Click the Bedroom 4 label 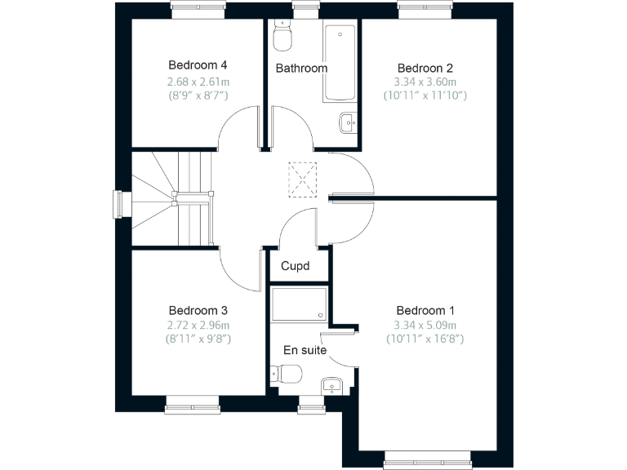(x=198, y=65)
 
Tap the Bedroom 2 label (x=425, y=68)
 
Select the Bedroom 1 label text (x=425, y=310)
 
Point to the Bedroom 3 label (x=198, y=310)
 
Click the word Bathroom (x=301, y=69)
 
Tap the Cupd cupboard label (x=295, y=266)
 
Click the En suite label (x=305, y=350)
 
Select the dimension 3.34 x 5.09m (x=425, y=325)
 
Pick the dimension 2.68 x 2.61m (x=198, y=81)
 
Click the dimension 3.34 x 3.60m (x=425, y=82)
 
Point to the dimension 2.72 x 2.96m (x=198, y=325)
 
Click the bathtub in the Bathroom (x=340, y=62)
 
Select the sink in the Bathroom (x=347, y=123)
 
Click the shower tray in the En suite (x=299, y=304)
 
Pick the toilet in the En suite (x=288, y=374)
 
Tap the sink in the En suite (x=330, y=384)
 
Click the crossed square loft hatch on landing (x=303, y=179)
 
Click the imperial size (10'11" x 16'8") (x=425, y=339)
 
